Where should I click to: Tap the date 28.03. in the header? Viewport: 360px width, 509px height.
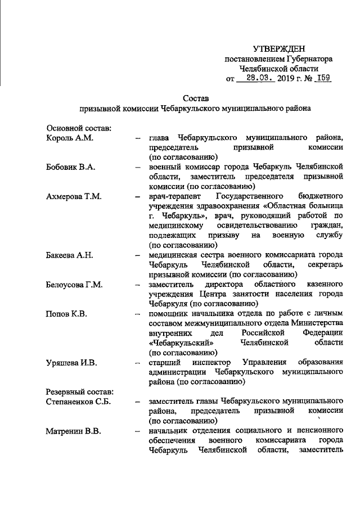click(x=256, y=78)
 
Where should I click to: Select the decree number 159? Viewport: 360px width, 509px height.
click(x=322, y=78)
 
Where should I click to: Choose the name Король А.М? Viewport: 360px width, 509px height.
click(x=69, y=138)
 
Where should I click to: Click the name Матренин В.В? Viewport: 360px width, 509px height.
click(x=74, y=431)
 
